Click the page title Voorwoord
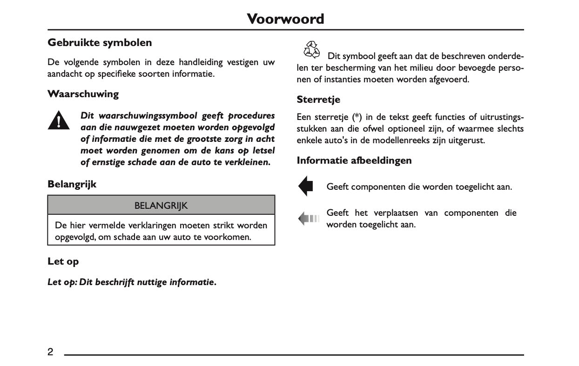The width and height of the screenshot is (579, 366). point(285,19)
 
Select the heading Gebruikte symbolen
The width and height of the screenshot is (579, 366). point(100,43)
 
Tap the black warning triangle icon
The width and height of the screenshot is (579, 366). point(58,121)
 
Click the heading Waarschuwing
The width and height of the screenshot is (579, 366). point(83,94)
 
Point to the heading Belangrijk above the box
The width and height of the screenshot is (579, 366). point(72,184)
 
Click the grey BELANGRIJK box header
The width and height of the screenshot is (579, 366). point(161,205)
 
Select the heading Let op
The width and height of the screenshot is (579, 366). point(63,261)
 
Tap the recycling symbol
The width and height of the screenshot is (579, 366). point(311,50)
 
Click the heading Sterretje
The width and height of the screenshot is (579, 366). point(318,100)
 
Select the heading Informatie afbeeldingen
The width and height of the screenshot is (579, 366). point(354,160)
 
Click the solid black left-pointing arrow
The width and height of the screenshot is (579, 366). point(306,186)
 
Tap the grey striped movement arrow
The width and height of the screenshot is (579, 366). point(308,218)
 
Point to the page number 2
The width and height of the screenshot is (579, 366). point(50,352)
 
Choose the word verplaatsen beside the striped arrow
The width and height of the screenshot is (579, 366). point(395,213)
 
